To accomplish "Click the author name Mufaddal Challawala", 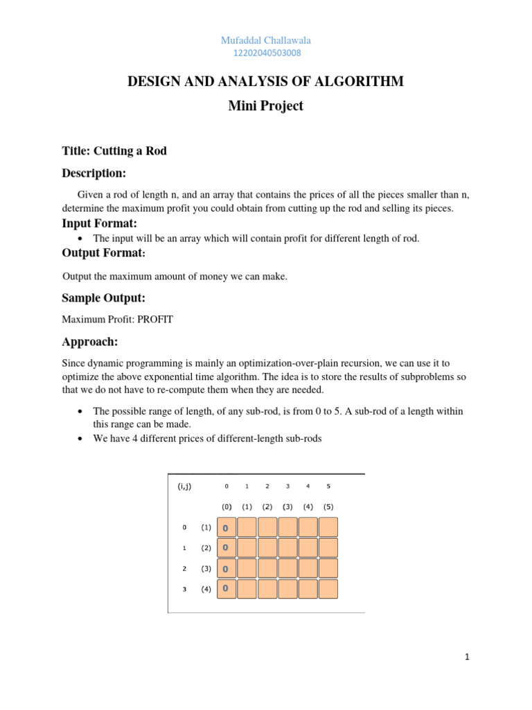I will tap(265, 41).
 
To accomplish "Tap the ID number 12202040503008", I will tap(265, 53).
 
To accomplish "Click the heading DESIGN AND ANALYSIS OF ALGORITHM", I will tap(265, 83).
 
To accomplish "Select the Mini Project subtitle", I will tap(265, 106).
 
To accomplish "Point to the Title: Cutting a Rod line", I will tap(114, 151).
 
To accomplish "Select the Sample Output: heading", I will tap(103, 298).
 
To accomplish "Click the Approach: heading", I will tap(90, 342).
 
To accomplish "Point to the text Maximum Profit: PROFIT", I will tap(117, 320).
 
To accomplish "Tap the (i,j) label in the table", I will tap(184, 486).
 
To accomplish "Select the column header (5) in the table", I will tap(328, 506).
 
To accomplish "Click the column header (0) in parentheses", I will tap(227, 506).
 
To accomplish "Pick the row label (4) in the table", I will tap(206, 589).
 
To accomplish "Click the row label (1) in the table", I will tap(206, 527).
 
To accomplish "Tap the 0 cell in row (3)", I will tap(226, 569).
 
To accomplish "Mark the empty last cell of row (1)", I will tap(328, 527).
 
